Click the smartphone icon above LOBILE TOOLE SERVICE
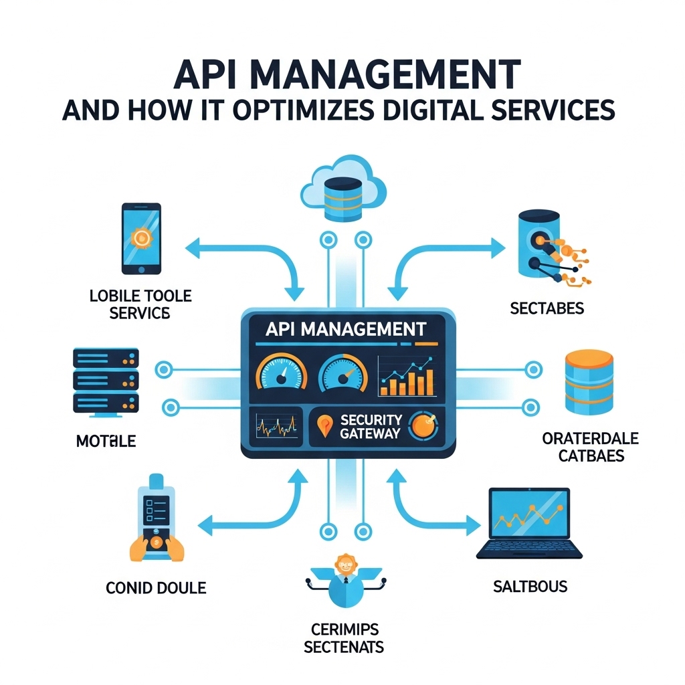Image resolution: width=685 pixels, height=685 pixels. pyautogui.click(x=140, y=238)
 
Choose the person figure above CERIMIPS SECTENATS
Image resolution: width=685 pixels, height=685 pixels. pyautogui.click(x=344, y=579)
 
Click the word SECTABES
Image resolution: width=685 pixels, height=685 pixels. pyautogui.click(x=547, y=308)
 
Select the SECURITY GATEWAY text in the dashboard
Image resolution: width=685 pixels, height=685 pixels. pyautogui.click(x=370, y=426)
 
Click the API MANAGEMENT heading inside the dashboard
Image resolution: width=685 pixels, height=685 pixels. pyautogui.click(x=345, y=329)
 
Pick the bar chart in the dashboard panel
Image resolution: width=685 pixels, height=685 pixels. pyautogui.click(x=405, y=376)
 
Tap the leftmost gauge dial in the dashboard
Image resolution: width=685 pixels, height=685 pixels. pyautogui.click(x=281, y=375)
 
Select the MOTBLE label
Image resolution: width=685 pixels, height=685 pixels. pyautogui.click(x=106, y=441)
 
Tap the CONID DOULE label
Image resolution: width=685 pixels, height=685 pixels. pyautogui.click(x=156, y=588)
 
